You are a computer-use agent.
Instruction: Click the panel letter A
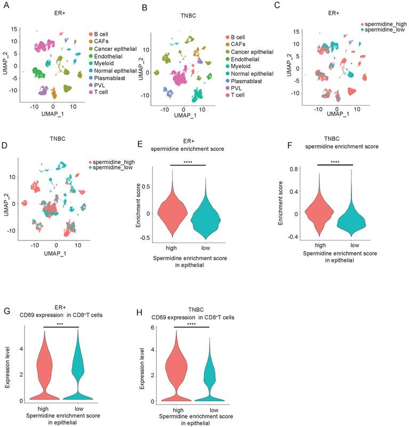tap(5, 6)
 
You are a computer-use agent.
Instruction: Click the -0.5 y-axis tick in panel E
tap(145, 237)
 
